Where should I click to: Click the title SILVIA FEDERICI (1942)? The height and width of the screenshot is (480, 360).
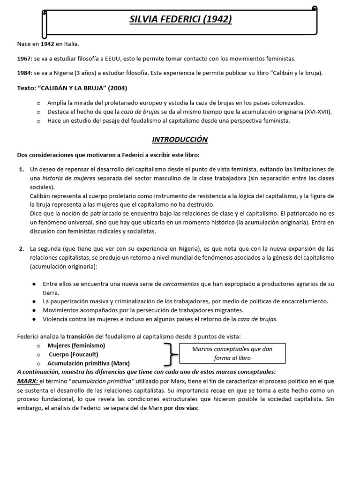[181, 19]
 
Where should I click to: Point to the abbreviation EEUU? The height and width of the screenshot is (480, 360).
[118, 59]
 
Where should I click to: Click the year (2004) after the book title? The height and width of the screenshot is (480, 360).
[117, 88]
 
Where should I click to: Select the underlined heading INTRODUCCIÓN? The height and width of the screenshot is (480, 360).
[180, 140]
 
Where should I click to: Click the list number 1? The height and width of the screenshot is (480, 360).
[22, 169]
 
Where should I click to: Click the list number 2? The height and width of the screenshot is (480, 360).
[22, 248]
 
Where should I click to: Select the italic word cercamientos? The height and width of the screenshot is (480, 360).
[181, 284]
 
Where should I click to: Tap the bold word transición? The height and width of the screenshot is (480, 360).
[82, 336]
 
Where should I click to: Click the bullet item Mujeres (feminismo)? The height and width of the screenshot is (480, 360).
[76, 345]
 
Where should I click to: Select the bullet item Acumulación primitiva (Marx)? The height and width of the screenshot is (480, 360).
[89, 363]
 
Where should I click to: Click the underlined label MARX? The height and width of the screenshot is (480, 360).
[28, 381]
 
